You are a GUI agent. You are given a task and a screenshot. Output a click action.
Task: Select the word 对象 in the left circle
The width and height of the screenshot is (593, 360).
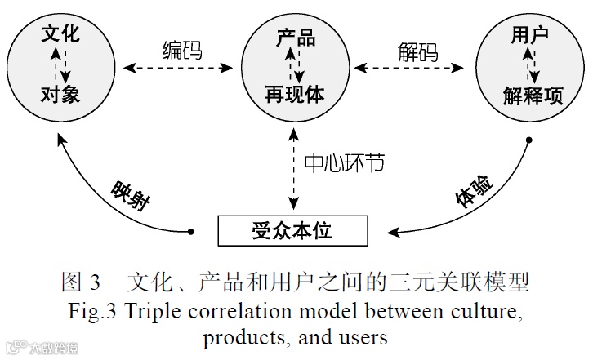tap(60, 95)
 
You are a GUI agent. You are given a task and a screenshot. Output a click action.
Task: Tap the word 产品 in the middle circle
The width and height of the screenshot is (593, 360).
tap(295, 36)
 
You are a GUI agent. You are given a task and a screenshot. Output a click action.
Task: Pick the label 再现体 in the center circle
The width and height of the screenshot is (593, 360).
tap(295, 95)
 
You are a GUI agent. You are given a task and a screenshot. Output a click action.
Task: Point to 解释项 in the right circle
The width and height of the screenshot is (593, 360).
tap(533, 96)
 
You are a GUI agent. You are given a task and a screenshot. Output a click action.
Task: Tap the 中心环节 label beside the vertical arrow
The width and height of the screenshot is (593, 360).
tap(344, 163)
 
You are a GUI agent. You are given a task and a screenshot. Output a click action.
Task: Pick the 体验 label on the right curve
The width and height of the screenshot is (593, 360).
tap(473, 196)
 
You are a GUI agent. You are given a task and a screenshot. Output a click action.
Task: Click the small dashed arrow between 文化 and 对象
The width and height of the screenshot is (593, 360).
tap(57, 65)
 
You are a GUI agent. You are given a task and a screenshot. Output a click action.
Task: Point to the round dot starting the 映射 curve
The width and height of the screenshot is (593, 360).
tap(191, 231)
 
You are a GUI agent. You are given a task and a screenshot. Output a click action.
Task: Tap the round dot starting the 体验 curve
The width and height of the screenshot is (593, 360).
tap(528, 140)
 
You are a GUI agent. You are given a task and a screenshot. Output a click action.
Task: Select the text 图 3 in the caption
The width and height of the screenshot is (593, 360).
tap(81, 284)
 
